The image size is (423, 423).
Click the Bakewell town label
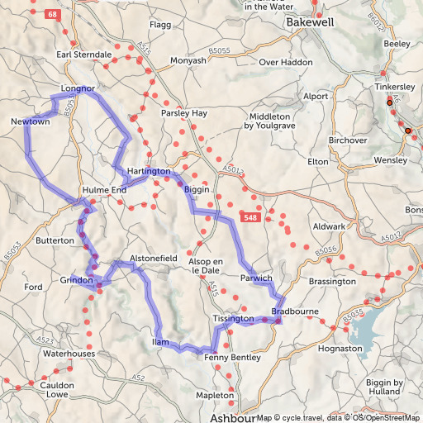pos(310,23)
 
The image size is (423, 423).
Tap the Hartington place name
pos(149,171)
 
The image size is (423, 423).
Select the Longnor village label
pos(78,88)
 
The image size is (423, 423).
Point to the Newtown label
pos(31,122)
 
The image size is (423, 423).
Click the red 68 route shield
pos(54,16)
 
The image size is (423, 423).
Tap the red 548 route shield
pos(252,216)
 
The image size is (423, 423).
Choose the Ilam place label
pos(160,341)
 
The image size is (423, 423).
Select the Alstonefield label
pos(154,259)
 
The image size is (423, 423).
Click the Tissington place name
pos(232,318)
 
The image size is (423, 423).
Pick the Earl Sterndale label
pos(83,55)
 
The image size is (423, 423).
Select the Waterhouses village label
pos(69,353)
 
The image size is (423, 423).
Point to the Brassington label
pos(332,282)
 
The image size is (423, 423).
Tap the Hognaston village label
pos(340,349)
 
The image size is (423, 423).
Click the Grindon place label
pos(76,281)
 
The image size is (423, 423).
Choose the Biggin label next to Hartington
pos(197,189)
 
